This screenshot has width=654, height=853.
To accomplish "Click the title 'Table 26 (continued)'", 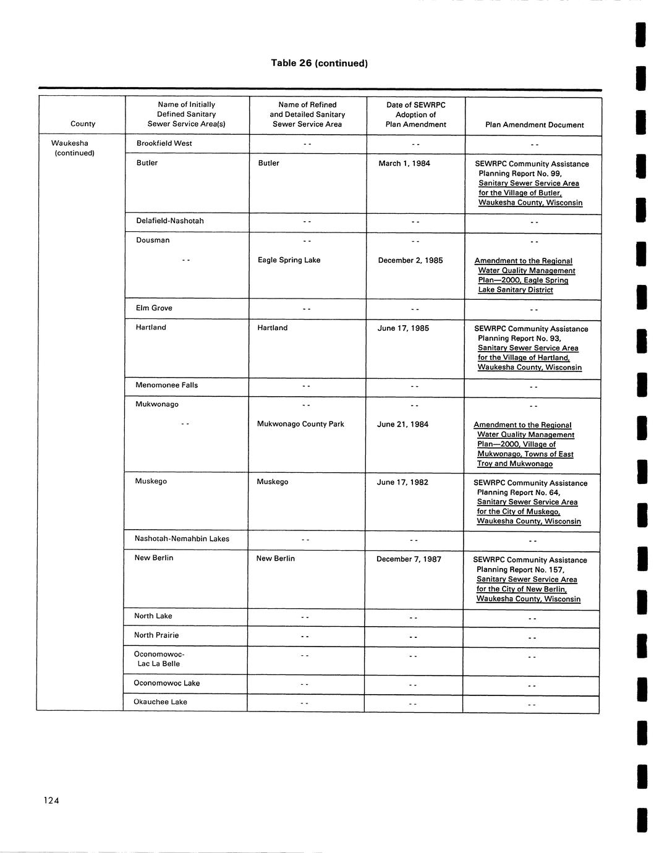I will pos(319,63).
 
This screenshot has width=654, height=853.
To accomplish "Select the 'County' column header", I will pos(83,124).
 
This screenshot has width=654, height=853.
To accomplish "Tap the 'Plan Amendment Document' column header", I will pos(534,125).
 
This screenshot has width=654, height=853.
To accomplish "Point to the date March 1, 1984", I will pos(404,164).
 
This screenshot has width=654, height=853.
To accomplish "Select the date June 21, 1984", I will pos(402,425).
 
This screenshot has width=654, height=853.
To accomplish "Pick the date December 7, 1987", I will pos(409,559).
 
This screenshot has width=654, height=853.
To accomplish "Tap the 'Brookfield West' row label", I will pos(164,143).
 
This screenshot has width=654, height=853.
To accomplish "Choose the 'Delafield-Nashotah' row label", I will pos(169,221).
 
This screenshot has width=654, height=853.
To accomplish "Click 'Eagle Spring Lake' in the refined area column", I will pos(289,260).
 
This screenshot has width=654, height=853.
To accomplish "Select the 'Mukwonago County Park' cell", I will pos(300,424).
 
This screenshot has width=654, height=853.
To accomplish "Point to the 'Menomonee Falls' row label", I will pos(166,385).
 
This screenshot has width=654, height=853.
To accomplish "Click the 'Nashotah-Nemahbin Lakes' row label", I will pos(182,539).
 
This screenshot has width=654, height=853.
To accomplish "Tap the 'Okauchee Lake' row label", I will pos(160,702).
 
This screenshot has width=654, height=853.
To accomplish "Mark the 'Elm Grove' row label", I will pos(154,308).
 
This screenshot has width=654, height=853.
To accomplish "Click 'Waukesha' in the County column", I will pos(69,143).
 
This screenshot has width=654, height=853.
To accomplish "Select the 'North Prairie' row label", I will pos(156,635).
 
